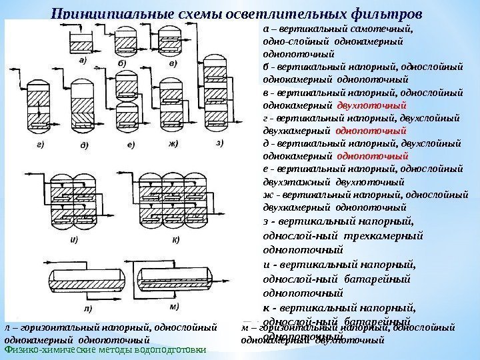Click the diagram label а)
point(85,59)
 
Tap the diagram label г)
point(42,143)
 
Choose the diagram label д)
point(85,143)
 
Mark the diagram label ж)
point(173,143)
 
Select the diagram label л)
point(88,308)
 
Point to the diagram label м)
point(174,306)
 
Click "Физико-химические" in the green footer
point(47,349)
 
